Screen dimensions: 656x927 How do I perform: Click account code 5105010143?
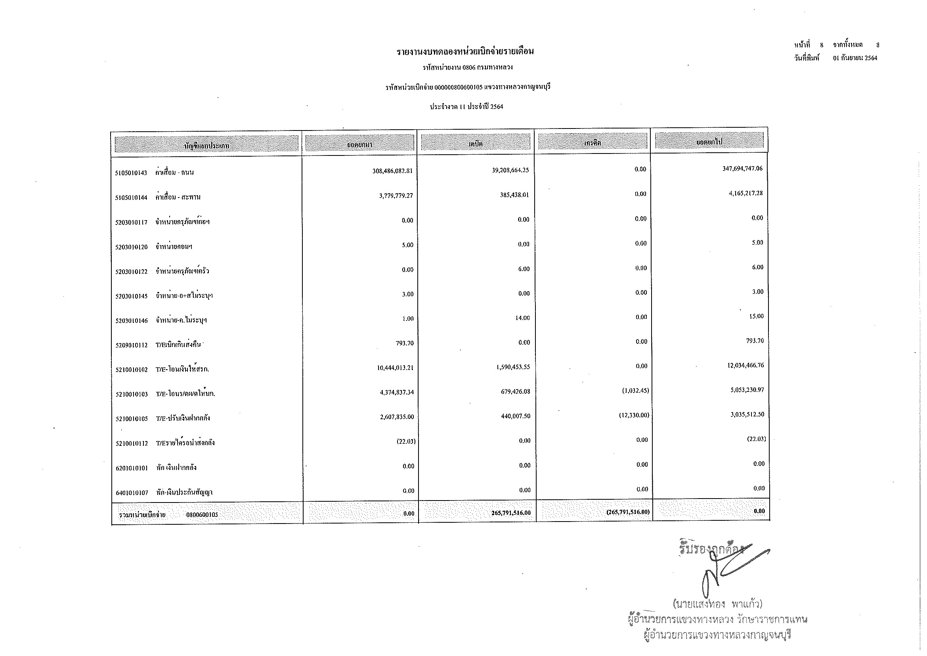click(131, 173)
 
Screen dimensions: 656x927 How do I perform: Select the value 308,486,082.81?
click(392, 171)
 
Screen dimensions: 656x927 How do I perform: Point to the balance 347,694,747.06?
click(742, 169)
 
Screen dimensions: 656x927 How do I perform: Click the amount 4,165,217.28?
click(745, 193)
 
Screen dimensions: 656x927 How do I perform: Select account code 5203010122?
click(131, 272)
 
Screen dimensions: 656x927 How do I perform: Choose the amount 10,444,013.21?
click(395, 368)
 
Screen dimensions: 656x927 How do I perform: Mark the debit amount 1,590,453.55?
click(513, 367)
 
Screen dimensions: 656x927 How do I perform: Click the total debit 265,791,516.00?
click(511, 513)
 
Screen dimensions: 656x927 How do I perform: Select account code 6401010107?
click(132, 493)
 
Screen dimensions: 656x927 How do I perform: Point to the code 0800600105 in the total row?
click(202, 515)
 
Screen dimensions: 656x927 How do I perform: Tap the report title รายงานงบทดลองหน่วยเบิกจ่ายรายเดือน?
click(465, 52)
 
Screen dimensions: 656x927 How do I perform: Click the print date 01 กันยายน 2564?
click(855, 58)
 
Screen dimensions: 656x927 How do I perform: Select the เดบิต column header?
click(475, 143)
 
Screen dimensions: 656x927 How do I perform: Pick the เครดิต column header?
click(592, 143)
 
